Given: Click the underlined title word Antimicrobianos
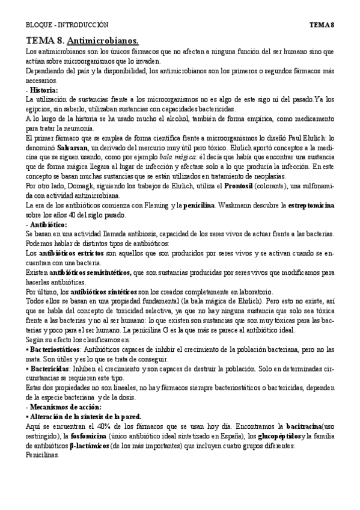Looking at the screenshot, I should click(x=103, y=41).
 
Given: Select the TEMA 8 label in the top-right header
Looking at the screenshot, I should click(x=322, y=25).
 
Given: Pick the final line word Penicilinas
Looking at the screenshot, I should click(x=43, y=455).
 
